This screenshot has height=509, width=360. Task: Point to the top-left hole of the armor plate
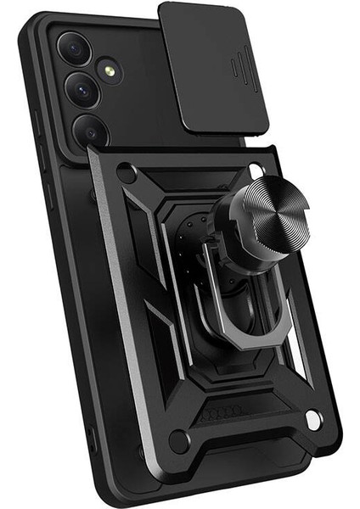pos(127,172)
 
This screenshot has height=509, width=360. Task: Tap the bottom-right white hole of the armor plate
pos(312,419)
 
